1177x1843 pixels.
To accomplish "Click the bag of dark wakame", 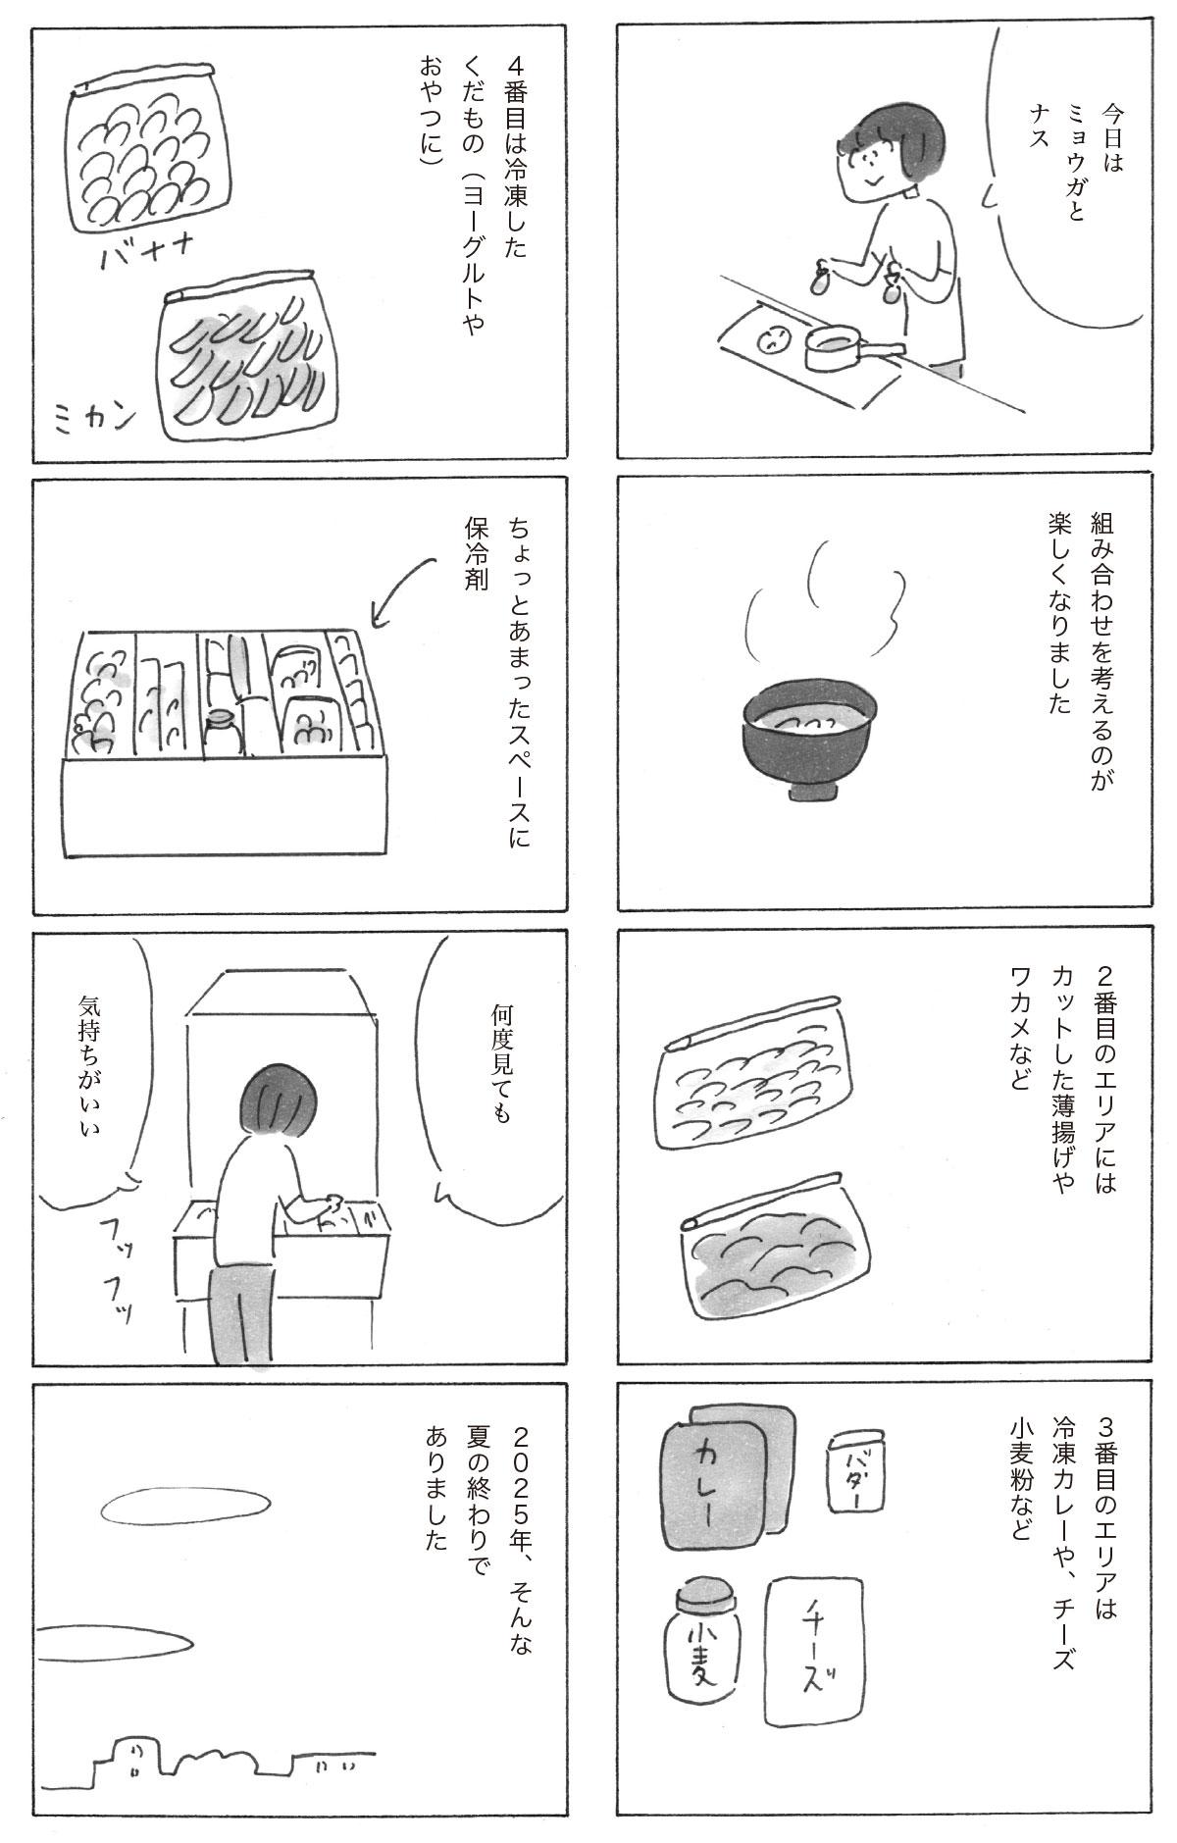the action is (x=771, y=1263).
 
